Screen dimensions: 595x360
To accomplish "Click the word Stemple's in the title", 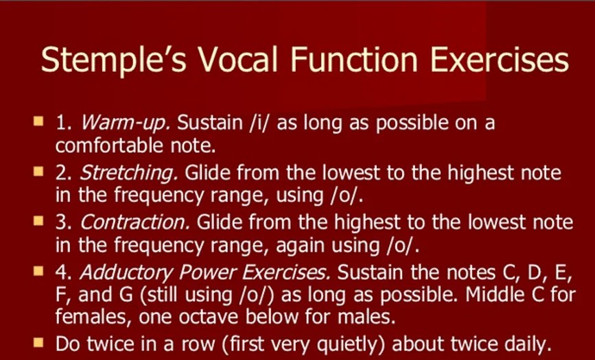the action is (x=113, y=59).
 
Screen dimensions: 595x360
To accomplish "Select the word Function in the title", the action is (x=353, y=59).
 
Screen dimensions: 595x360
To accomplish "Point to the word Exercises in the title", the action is (x=500, y=59).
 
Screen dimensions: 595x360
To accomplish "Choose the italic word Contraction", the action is (x=135, y=222).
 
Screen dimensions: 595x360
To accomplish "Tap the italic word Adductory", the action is (x=126, y=272).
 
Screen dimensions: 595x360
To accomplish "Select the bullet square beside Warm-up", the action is (x=38, y=121).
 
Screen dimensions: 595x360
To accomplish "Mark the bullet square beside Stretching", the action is (x=38, y=171).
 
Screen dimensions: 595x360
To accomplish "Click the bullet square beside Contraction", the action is (x=38, y=221).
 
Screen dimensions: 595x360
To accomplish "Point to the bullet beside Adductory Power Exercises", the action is (x=38, y=271).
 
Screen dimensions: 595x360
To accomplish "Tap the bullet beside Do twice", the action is (x=38, y=343).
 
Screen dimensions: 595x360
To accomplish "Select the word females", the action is (x=93, y=317).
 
